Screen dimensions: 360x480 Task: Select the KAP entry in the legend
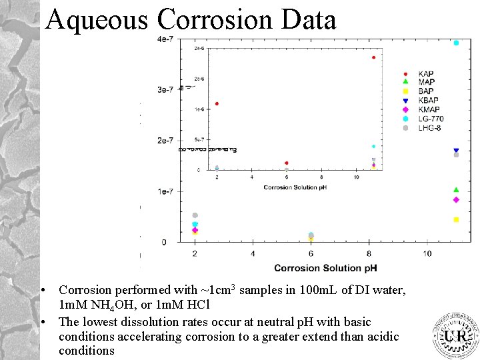(x=425, y=73)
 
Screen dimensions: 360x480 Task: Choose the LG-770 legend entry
(x=431, y=119)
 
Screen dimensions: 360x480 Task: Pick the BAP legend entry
(x=425, y=91)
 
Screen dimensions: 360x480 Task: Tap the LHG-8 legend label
(x=429, y=128)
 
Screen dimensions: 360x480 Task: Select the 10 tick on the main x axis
(x=427, y=253)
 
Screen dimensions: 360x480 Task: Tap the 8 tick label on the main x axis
(x=369, y=253)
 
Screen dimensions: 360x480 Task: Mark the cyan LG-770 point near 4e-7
(x=456, y=43)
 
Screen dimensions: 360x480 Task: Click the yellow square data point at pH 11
(x=456, y=219)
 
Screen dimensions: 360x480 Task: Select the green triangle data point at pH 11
(x=456, y=190)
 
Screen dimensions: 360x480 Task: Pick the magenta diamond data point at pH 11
(x=456, y=199)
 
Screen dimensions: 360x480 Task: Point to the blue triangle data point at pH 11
(x=456, y=151)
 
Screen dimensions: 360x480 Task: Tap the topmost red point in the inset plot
(x=373, y=57)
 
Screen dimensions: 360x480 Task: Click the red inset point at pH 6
(x=287, y=163)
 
